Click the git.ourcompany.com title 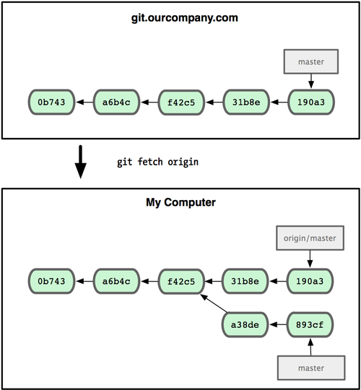pos(180,17)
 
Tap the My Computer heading pos(180,203)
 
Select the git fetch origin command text pos(157,162)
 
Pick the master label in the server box pos(310,62)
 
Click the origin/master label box pos(310,238)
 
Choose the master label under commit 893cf pos(310,368)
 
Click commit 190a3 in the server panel pos(310,103)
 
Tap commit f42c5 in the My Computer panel pos(180,279)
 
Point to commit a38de pos(245,325)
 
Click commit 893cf pos(310,325)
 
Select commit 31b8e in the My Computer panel pos(245,279)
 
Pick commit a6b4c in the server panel pos(116,103)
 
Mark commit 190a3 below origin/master pos(310,279)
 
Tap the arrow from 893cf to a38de pos(278,325)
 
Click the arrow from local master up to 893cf pos(310,346)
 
